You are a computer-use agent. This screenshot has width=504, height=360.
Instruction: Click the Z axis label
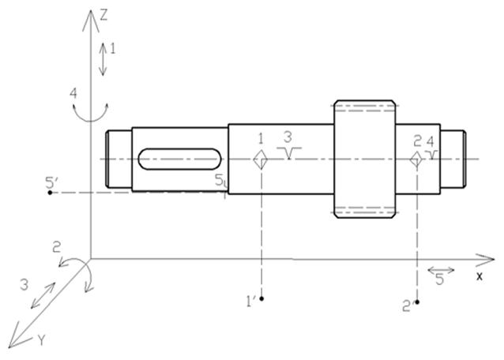pos(103,16)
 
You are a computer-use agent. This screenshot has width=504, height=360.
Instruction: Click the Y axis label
pos(41,339)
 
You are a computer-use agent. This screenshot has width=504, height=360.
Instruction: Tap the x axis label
pos(480,276)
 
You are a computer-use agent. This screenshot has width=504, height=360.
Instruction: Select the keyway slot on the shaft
pos(179,159)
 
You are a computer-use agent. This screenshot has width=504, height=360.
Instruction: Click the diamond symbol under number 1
pos(261,159)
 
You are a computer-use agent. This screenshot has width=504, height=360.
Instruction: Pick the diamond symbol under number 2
pos(416,159)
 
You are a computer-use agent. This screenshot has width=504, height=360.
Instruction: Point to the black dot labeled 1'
pos(261,298)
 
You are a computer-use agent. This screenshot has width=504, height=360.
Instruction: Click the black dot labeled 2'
pos(417,302)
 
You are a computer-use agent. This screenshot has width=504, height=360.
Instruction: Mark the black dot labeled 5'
pos(50,193)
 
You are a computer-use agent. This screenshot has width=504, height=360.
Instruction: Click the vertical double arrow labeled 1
pos(103,59)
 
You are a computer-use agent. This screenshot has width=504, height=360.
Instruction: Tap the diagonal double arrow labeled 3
pos(43,295)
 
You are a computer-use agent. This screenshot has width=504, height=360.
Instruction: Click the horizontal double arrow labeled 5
pos(441,271)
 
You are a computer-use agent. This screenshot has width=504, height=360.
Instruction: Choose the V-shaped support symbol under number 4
pos(431,155)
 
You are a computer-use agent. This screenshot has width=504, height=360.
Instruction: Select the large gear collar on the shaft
pos(364,159)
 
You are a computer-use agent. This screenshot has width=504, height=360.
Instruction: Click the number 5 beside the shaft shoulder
pos(219,180)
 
